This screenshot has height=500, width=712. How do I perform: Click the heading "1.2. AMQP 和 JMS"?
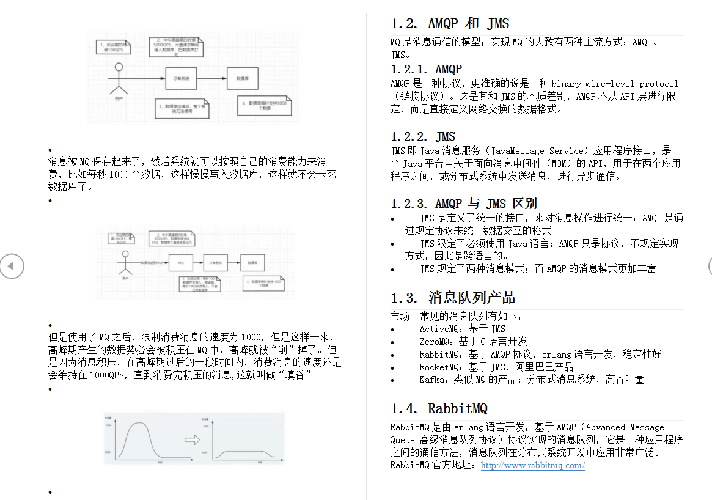(450, 24)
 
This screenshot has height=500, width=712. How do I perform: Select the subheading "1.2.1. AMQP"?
(427, 69)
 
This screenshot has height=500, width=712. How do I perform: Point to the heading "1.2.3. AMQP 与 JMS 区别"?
(464, 204)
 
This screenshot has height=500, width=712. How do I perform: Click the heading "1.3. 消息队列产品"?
(453, 298)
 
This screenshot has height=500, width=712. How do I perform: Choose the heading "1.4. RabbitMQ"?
(439, 408)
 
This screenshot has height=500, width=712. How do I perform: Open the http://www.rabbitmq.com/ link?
(533, 465)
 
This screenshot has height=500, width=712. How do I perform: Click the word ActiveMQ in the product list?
(436, 329)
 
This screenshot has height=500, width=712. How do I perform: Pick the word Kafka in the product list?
(432, 379)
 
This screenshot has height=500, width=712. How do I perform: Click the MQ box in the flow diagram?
(180, 262)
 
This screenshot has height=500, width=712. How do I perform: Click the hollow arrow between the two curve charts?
(192, 439)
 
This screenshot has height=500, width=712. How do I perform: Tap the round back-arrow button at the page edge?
(12, 266)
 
